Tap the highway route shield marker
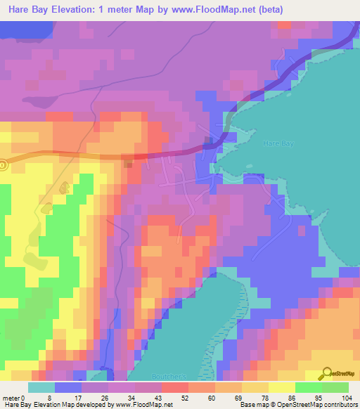[x=3, y=164]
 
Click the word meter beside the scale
[x=11, y=398]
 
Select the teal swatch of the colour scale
[x=41, y=387]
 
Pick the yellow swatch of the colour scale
[x=281, y=387]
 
